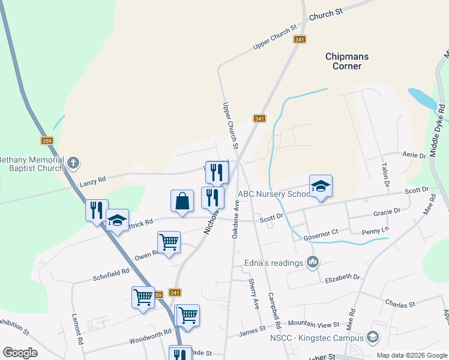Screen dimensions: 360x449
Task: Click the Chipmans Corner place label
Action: point(347,61)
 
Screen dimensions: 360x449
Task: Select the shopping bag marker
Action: point(182,202)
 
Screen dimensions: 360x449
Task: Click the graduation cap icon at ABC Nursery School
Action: point(321,186)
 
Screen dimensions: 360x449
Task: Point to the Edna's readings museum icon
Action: point(312,262)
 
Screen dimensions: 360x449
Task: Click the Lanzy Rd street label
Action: point(93,179)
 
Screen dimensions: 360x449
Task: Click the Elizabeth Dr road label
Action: point(342,278)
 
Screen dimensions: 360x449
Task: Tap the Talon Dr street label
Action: point(386,174)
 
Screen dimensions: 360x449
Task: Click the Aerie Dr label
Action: point(414,155)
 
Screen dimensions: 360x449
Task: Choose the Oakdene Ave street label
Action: point(236,219)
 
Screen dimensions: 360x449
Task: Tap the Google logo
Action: point(20,352)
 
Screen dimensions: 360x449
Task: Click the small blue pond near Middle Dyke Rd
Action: point(424,99)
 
